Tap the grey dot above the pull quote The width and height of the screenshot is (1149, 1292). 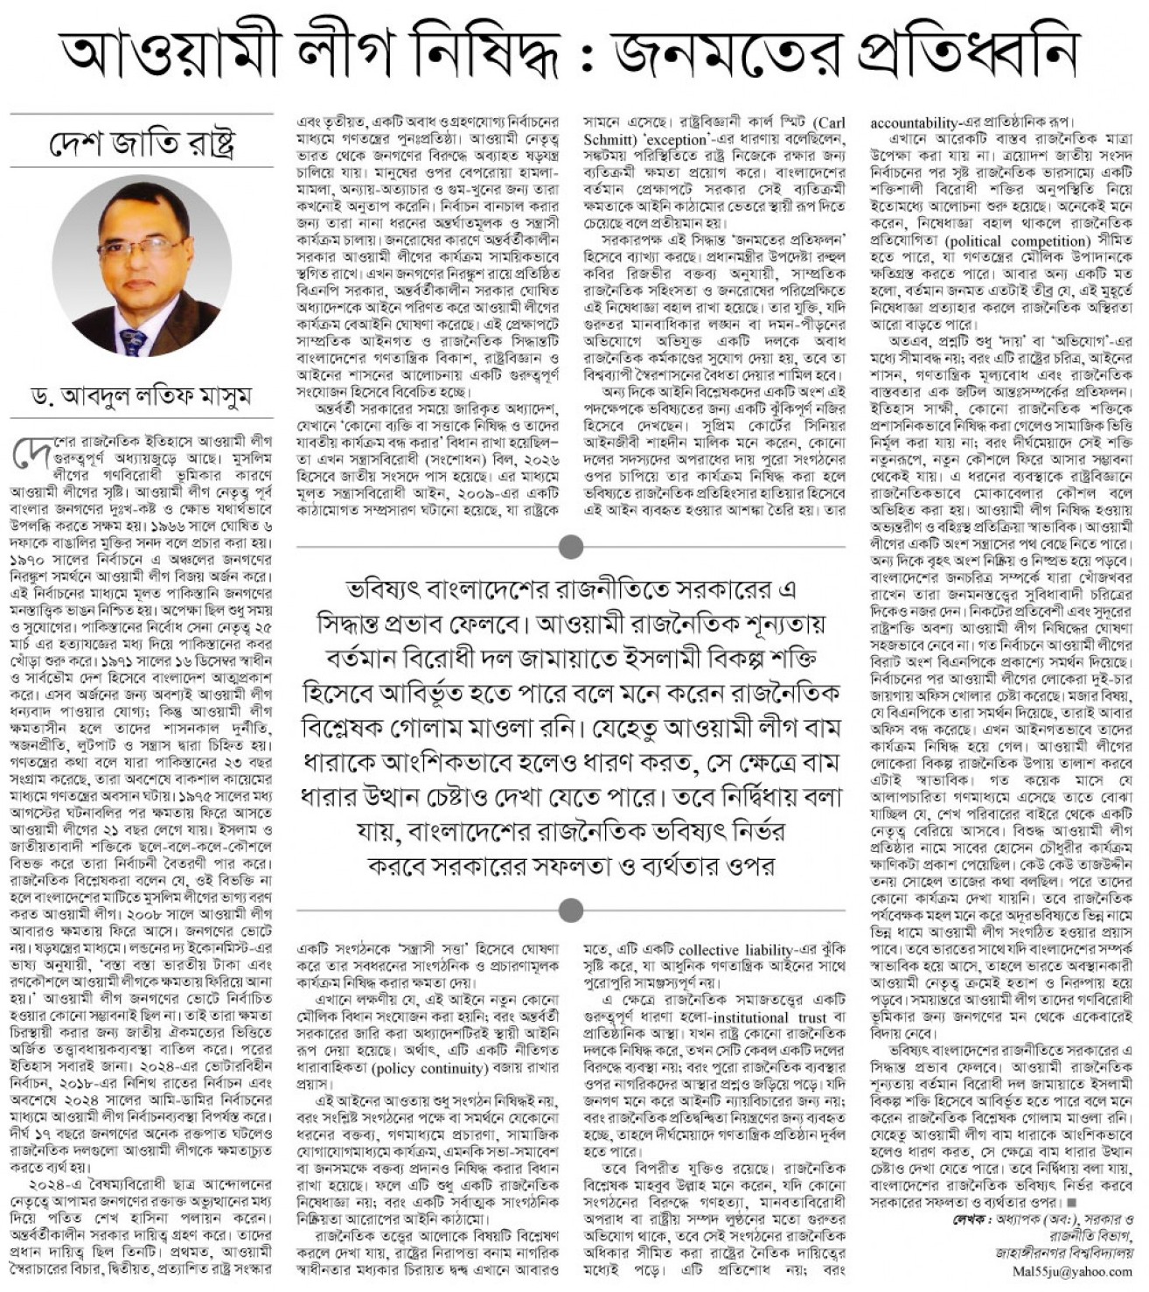point(571,547)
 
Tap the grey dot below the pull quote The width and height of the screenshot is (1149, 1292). point(571,911)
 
